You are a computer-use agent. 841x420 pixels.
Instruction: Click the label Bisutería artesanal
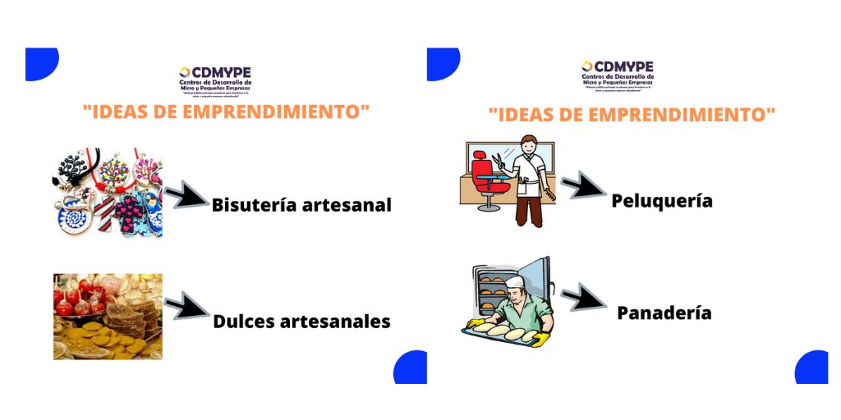pos(301,205)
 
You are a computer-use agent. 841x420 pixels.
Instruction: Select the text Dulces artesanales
pos(301,321)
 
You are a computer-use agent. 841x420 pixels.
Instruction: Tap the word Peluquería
pos(662,200)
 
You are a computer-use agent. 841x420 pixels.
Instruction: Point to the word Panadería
pos(664,313)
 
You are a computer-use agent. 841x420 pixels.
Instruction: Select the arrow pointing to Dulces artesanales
pos(186,308)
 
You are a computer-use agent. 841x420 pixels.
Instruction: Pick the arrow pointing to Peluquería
pos(582,186)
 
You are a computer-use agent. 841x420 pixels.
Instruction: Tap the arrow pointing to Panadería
pos(583,298)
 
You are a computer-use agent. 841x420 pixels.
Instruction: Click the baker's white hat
pos(515,283)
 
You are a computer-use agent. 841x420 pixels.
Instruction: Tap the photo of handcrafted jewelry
pos(107,194)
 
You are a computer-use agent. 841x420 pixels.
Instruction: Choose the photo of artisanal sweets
pos(108,316)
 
